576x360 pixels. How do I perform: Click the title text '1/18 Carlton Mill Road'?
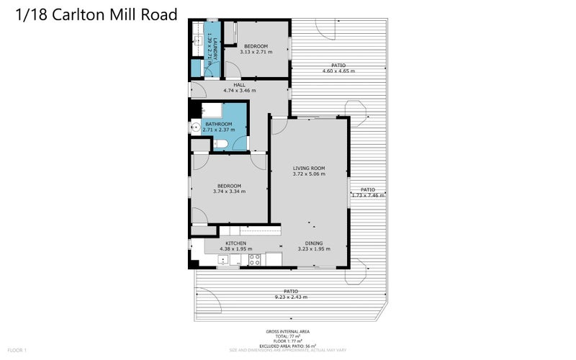pos(96,15)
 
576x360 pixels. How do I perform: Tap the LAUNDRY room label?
pos(209,44)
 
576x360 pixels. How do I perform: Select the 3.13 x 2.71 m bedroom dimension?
pos(256,52)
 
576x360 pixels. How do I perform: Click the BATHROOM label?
pos(218,124)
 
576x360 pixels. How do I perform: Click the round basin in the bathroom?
pos(194,127)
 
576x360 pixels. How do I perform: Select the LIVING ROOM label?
pos(309,168)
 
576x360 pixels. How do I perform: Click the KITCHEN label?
pos(236,243)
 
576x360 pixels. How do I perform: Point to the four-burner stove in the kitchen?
pos(254,260)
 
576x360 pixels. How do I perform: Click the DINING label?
pos(314,243)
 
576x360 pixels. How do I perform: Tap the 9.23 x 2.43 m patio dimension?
pos(291,297)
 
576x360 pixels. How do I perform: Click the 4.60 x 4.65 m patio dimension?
pos(338,71)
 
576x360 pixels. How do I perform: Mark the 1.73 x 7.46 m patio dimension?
pos(367,195)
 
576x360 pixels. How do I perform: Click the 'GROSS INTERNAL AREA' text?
pos(288,332)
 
